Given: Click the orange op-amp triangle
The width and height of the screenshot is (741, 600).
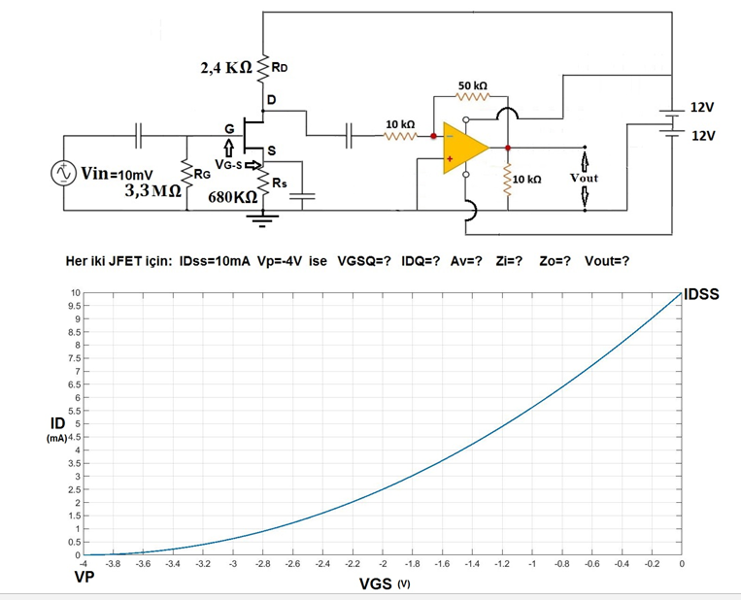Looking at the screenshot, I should tap(462, 149).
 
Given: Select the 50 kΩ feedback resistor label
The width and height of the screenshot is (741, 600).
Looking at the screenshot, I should tap(473, 86).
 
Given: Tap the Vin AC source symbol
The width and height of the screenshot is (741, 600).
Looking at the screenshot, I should tap(64, 173).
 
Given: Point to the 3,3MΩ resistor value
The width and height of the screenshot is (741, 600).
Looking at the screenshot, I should tap(153, 190).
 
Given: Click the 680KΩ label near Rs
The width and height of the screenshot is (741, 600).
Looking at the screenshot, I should tap(233, 197).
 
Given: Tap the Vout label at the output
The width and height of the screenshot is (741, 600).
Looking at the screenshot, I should tap(584, 179).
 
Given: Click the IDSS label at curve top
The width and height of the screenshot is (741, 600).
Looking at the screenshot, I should tap(701, 293).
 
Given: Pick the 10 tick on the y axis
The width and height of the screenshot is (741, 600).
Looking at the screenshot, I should tap(74, 293).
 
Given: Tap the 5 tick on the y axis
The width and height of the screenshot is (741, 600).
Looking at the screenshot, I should tap(76, 424).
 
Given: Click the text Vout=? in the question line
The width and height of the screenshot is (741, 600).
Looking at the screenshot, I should tap(606, 261).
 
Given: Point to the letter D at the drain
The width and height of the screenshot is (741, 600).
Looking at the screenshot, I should tap(271, 100).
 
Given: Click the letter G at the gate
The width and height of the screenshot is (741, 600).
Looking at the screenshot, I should tap(229, 129).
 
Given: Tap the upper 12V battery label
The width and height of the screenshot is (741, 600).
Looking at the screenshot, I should tap(701, 106).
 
